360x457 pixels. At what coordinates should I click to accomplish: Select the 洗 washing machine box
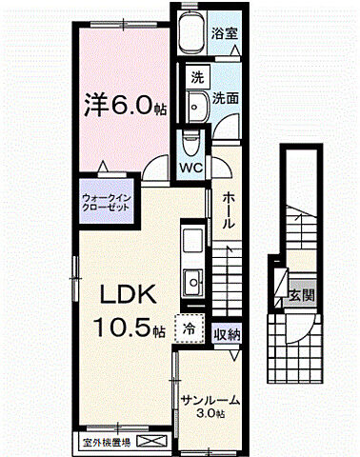coord(195,76)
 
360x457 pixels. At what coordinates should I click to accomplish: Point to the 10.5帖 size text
coord(130,328)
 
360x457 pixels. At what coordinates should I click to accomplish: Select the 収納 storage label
coord(227,333)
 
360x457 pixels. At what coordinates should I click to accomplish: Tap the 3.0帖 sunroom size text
coord(211,414)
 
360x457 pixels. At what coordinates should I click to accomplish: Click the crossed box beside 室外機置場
coord(150,441)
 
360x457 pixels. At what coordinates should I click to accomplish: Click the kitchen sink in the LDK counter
coord(191,282)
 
